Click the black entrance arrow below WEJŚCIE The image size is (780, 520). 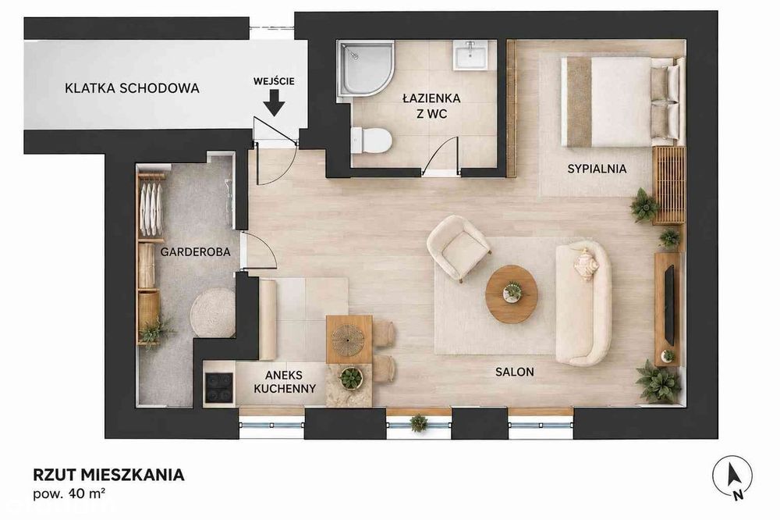(x=274, y=103)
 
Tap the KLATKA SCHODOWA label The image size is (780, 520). (x=132, y=88)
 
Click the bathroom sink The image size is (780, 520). (x=470, y=55)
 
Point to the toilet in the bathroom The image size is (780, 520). (x=370, y=140)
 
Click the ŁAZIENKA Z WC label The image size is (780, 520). (x=431, y=105)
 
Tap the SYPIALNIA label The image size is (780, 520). (x=597, y=169)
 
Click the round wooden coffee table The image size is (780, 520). (x=512, y=294)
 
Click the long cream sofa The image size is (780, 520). (x=583, y=303)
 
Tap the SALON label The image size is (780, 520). (x=514, y=372)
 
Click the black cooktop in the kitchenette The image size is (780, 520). (x=219, y=388)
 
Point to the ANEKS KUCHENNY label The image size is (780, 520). (x=285, y=382)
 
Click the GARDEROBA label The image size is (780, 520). (x=196, y=252)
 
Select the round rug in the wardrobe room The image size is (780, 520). (x=213, y=313)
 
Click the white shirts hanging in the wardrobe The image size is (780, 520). (x=151, y=209)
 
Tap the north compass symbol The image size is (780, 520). (x=732, y=475)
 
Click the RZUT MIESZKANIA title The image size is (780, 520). (x=108, y=475)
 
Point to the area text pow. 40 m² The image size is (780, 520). (x=69, y=494)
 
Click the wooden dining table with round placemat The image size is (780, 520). (x=349, y=339)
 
